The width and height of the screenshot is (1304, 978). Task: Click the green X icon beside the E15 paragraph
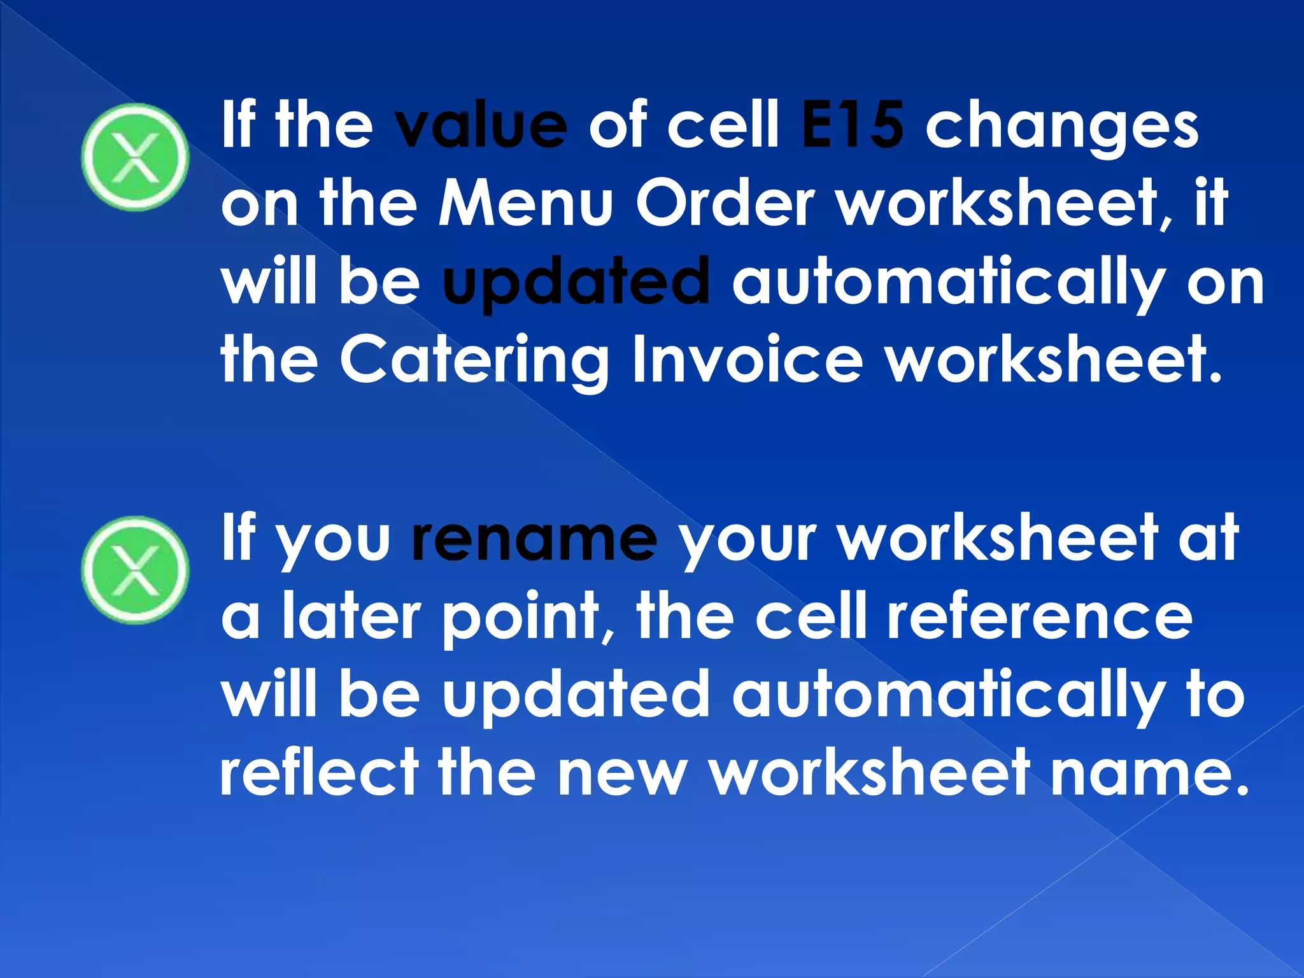point(135,157)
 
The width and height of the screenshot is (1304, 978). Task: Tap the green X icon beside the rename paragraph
point(135,569)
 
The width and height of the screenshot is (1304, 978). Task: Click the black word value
point(481,125)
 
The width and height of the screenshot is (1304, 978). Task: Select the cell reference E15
point(852,125)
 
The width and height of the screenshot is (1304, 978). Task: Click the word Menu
point(525,204)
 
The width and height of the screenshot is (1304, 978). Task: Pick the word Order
point(725,204)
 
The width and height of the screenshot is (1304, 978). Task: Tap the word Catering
point(474,360)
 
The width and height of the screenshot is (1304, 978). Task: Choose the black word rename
point(534,539)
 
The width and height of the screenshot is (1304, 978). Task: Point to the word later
point(351,616)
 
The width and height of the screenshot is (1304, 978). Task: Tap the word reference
point(1039,616)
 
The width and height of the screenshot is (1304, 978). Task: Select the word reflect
point(319,772)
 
